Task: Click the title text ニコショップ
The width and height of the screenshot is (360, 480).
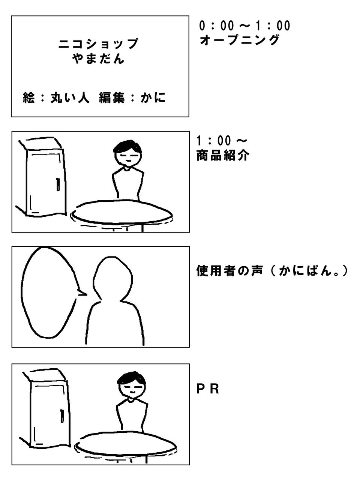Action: [98, 44]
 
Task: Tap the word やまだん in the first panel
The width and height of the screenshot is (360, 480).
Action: [98, 58]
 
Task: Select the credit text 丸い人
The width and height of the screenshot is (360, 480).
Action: [70, 97]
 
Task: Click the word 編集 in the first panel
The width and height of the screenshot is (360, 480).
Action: [112, 97]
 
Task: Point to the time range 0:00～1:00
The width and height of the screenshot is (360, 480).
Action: [244, 26]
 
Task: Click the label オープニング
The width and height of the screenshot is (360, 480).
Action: [240, 40]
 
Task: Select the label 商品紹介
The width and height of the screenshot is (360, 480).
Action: [223, 156]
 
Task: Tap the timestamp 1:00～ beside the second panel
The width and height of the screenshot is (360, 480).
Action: [221, 141]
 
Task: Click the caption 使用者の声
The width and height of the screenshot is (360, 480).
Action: [229, 271]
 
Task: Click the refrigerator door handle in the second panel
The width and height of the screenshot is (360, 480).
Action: [58, 184]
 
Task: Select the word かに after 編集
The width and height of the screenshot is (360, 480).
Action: [153, 97]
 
